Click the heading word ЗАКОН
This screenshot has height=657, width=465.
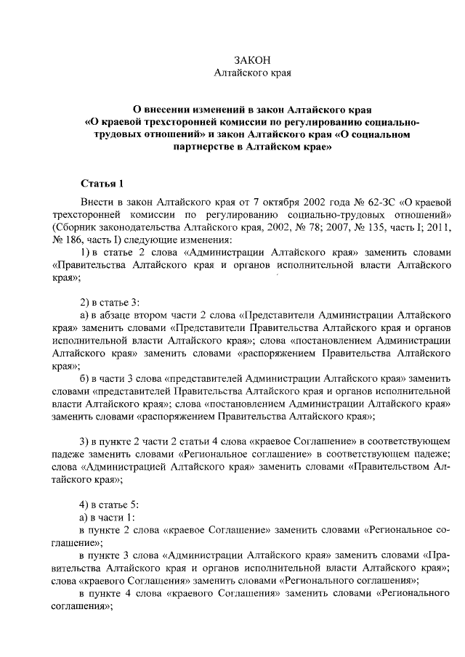pos(252,60)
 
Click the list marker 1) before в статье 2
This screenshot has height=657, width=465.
pos(85,253)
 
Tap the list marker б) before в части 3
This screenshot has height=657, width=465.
pos(84,378)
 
